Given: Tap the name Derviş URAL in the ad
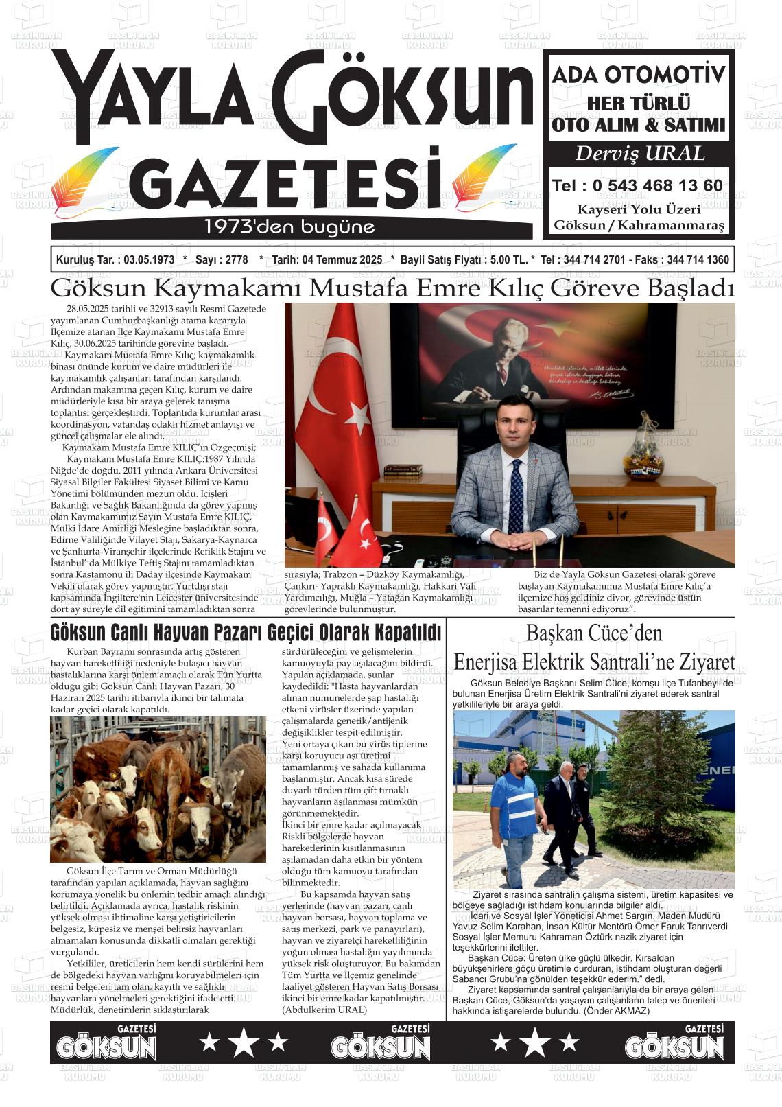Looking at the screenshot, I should (x=639, y=154).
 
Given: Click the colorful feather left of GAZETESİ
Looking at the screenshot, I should (x=88, y=183).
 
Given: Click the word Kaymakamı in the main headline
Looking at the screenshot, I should (x=228, y=288).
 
